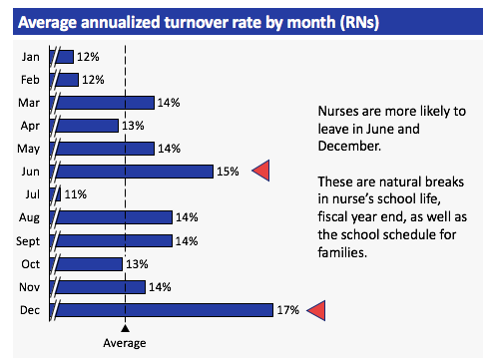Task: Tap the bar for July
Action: click(x=57, y=194)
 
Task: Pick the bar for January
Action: click(x=66, y=56)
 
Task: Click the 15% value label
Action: click(x=228, y=172)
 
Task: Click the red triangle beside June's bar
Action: click(x=260, y=172)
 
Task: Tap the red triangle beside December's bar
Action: click(x=317, y=311)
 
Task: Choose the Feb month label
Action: click(x=29, y=79)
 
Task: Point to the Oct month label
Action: click(x=29, y=264)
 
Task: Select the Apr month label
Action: click(x=29, y=126)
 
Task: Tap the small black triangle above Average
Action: click(x=125, y=327)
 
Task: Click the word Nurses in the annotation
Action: click(x=338, y=111)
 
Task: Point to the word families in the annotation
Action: click(x=343, y=251)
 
